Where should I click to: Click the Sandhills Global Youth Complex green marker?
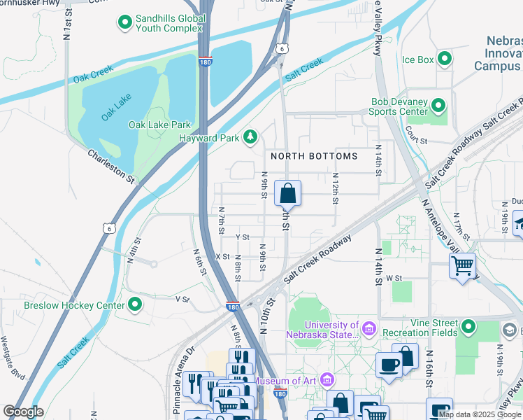click(x=125, y=23)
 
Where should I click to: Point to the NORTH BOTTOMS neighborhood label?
click(x=314, y=156)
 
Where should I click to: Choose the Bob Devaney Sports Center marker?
click(x=438, y=106)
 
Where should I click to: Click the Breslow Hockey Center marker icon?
click(x=135, y=304)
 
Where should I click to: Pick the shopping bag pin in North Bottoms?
click(x=287, y=193)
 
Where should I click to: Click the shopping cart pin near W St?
click(x=462, y=266)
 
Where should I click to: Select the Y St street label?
click(x=243, y=237)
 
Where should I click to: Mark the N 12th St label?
click(x=336, y=189)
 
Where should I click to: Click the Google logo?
click(x=23, y=412)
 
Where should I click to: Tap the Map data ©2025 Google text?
click(x=480, y=414)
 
